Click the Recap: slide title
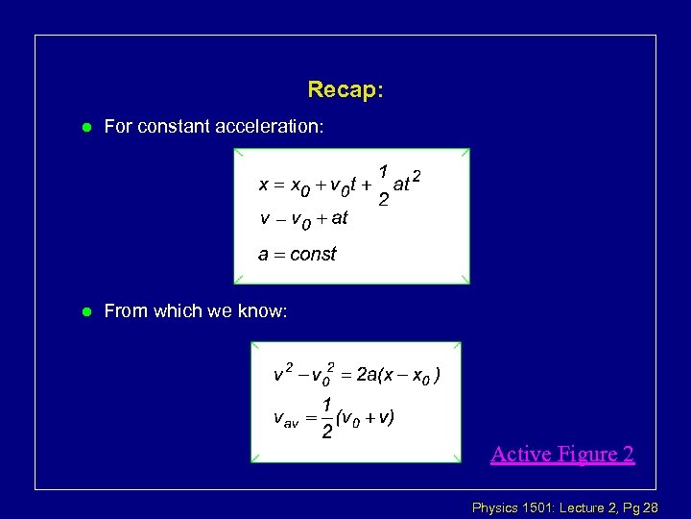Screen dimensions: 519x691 pos(345,89)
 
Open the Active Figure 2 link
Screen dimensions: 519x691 pos(561,453)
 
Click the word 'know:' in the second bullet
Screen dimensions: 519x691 pos(264,310)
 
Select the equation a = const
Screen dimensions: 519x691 pos(298,255)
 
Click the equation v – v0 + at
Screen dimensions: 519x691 pos(303,219)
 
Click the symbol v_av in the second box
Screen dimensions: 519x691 pos(286,419)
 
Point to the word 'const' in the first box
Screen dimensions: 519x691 pos(313,255)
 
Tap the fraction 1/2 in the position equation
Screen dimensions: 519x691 pos(383,185)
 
